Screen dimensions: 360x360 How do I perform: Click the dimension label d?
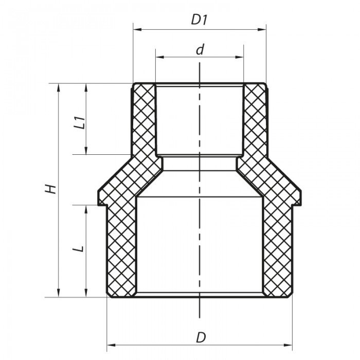(200, 50)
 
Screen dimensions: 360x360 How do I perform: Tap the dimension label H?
(50, 188)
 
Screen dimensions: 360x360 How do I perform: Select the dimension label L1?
(79, 123)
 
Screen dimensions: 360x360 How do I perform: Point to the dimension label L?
(78, 249)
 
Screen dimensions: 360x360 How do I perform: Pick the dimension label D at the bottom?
(201, 338)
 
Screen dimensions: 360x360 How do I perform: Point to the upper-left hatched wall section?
(144, 121)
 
